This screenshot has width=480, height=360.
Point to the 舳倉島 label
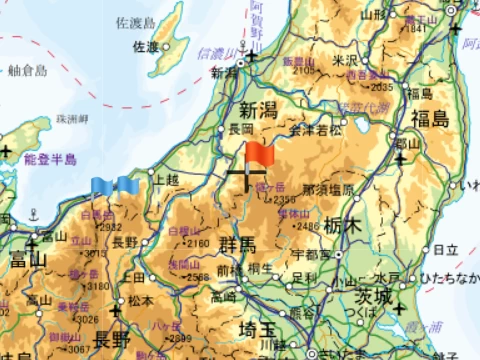[x=27, y=71]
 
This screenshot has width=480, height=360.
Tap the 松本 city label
[x=141, y=300]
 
